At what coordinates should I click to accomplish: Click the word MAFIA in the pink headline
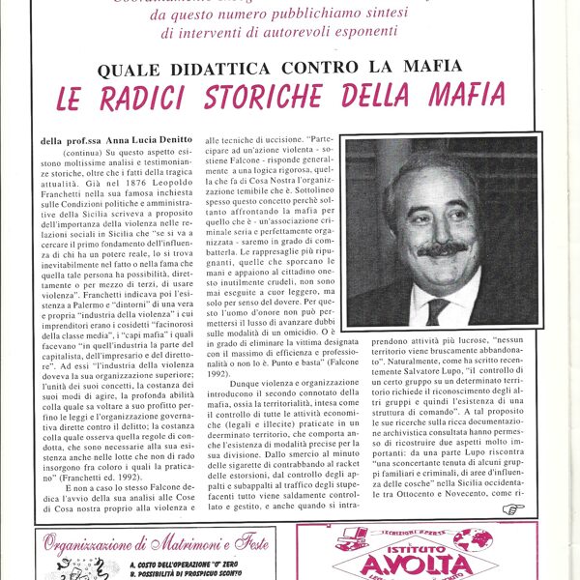464,94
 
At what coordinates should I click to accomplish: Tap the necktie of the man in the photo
437,310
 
